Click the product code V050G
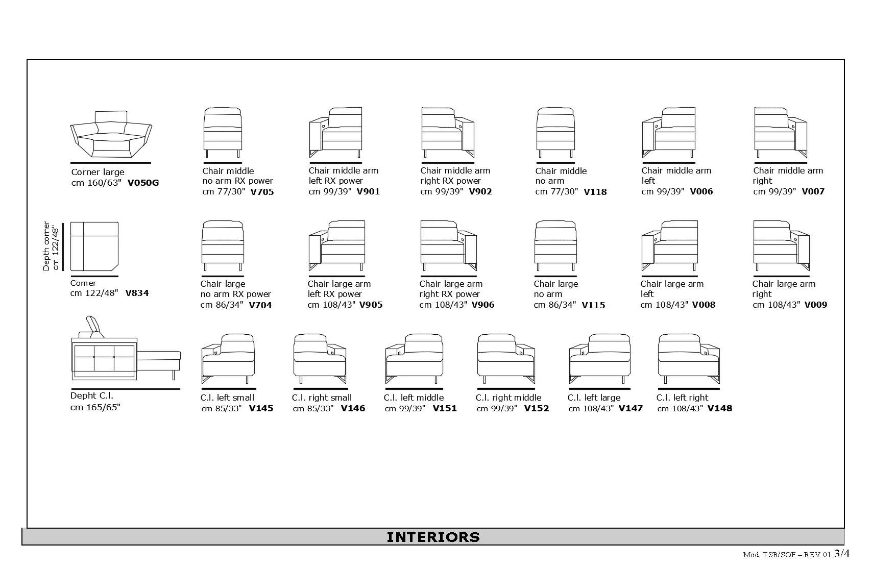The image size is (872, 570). coord(143,183)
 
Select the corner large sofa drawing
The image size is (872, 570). coord(111,135)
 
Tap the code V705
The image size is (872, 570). coord(262,192)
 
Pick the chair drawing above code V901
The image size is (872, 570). coord(335,133)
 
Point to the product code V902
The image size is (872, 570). coord(480,191)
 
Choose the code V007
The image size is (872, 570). coord(813,191)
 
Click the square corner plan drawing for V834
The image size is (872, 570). coord(94,246)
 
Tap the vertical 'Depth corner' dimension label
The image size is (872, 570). coord(51,246)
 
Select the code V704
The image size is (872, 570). coord(260,305)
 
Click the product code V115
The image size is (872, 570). coord(593,305)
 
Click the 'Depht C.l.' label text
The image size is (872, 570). coord(92,395)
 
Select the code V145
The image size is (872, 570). coord(261,408)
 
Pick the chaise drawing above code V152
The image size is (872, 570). coord(505,359)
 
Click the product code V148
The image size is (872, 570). coord(720,408)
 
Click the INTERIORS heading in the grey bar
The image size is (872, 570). coord(433,537)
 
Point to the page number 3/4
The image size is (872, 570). coord(842,554)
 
